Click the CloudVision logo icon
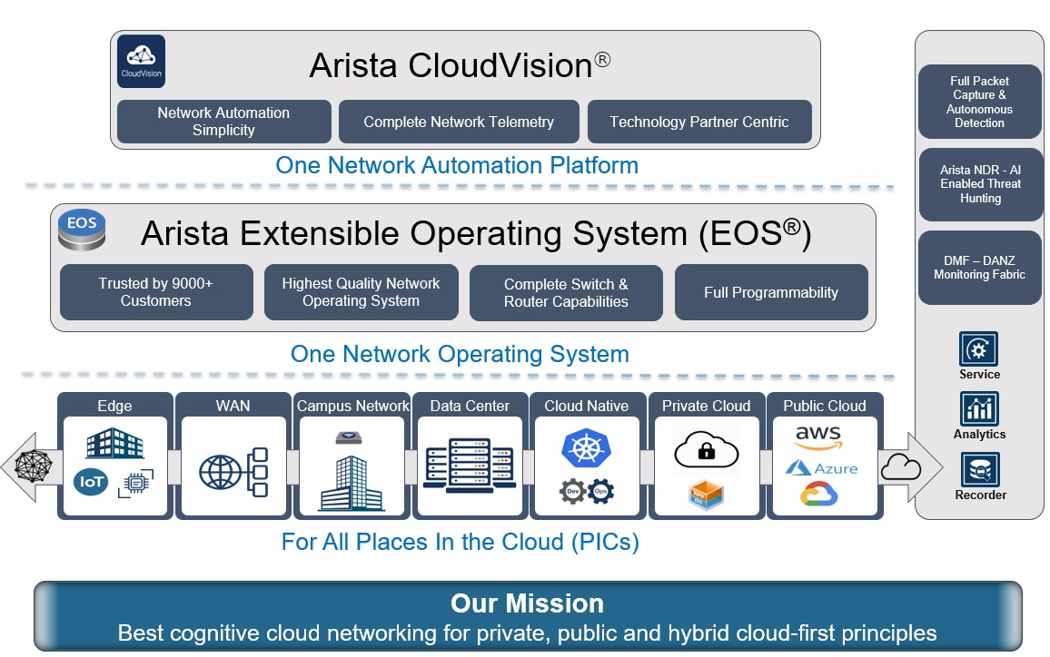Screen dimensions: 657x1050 (141, 61)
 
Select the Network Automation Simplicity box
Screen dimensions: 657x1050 (223, 122)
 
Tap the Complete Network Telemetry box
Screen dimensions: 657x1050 (459, 122)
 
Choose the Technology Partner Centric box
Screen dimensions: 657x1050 (699, 122)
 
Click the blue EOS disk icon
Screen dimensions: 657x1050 (82, 229)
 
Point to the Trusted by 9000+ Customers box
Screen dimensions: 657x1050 (156, 292)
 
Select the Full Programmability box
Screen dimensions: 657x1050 (771, 292)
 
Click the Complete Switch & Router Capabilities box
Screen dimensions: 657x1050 (566, 292)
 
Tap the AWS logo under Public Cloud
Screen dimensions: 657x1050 (817, 437)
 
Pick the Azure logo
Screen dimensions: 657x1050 (821, 468)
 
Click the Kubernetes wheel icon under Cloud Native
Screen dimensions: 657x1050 (586, 449)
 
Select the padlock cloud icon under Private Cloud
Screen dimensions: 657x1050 (706, 448)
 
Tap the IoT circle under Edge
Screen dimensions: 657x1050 (92, 481)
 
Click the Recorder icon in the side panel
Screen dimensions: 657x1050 (979, 470)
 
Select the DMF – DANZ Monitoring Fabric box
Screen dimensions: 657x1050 (979, 268)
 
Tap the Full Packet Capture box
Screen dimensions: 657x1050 (979, 102)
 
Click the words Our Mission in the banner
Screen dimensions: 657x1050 (527, 604)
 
